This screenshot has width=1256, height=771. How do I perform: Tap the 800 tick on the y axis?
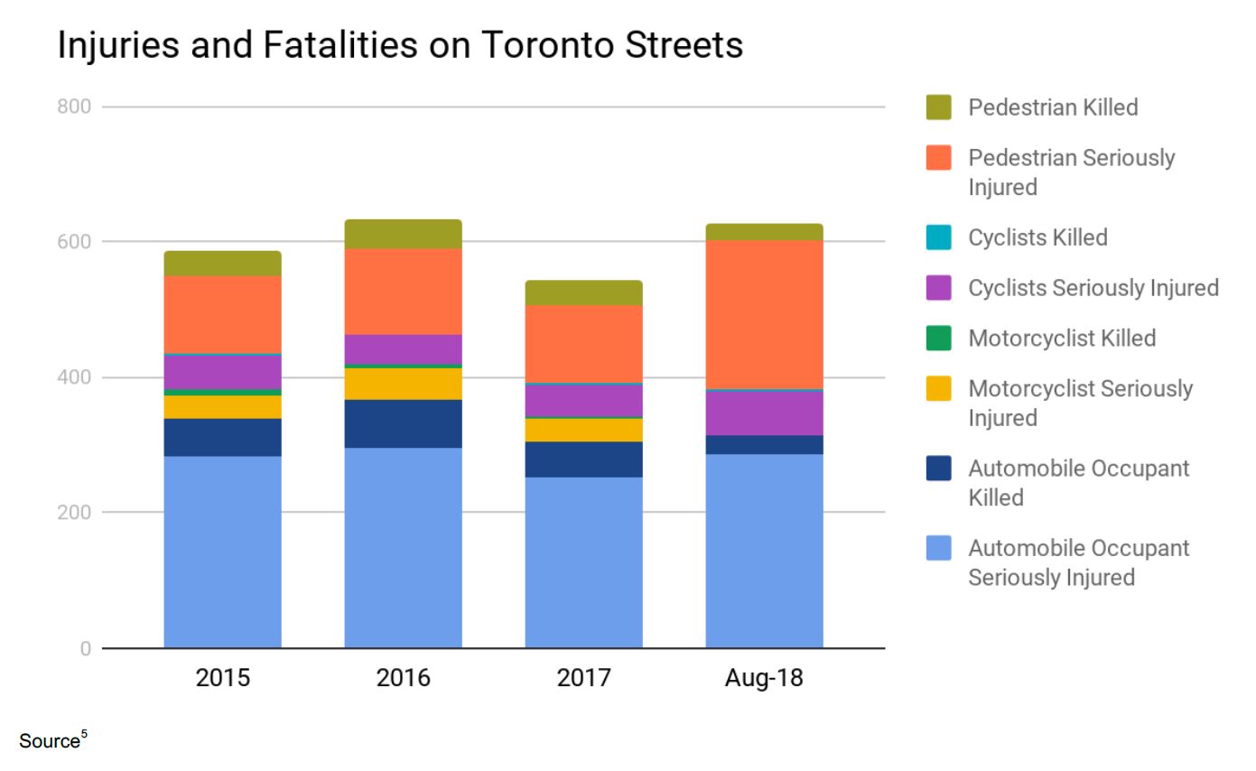[x=74, y=107]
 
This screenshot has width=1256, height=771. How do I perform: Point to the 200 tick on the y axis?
[x=74, y=512]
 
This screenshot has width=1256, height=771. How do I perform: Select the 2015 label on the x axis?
[x=222, y=677]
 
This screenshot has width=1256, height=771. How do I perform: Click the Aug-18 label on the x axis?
[x=764, y=677]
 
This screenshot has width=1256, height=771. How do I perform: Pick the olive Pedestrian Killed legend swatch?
[x=939, y=107]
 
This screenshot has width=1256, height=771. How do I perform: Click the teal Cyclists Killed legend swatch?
[x=939, y=237]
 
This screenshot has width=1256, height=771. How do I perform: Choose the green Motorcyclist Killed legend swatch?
[x=939, y=339]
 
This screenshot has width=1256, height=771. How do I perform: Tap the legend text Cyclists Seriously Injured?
[x=1093, y=288]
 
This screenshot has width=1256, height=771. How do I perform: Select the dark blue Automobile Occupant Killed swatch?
[x=939, y=469]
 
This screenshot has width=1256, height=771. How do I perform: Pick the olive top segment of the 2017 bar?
[x=583, y=293]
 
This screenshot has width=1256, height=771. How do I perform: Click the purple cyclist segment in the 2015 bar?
[x=222, y=372]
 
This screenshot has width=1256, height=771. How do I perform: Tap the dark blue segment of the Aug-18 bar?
[x=764, y=444]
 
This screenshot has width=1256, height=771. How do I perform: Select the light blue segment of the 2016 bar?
[x=403, y=547]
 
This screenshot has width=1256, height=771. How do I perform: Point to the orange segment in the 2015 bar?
[x=222, y=314]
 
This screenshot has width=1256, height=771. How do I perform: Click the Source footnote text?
[x=49, y=741]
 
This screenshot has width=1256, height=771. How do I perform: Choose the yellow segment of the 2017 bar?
[x=583, y=430]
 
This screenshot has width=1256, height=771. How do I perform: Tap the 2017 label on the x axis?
[x=583, y=677]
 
